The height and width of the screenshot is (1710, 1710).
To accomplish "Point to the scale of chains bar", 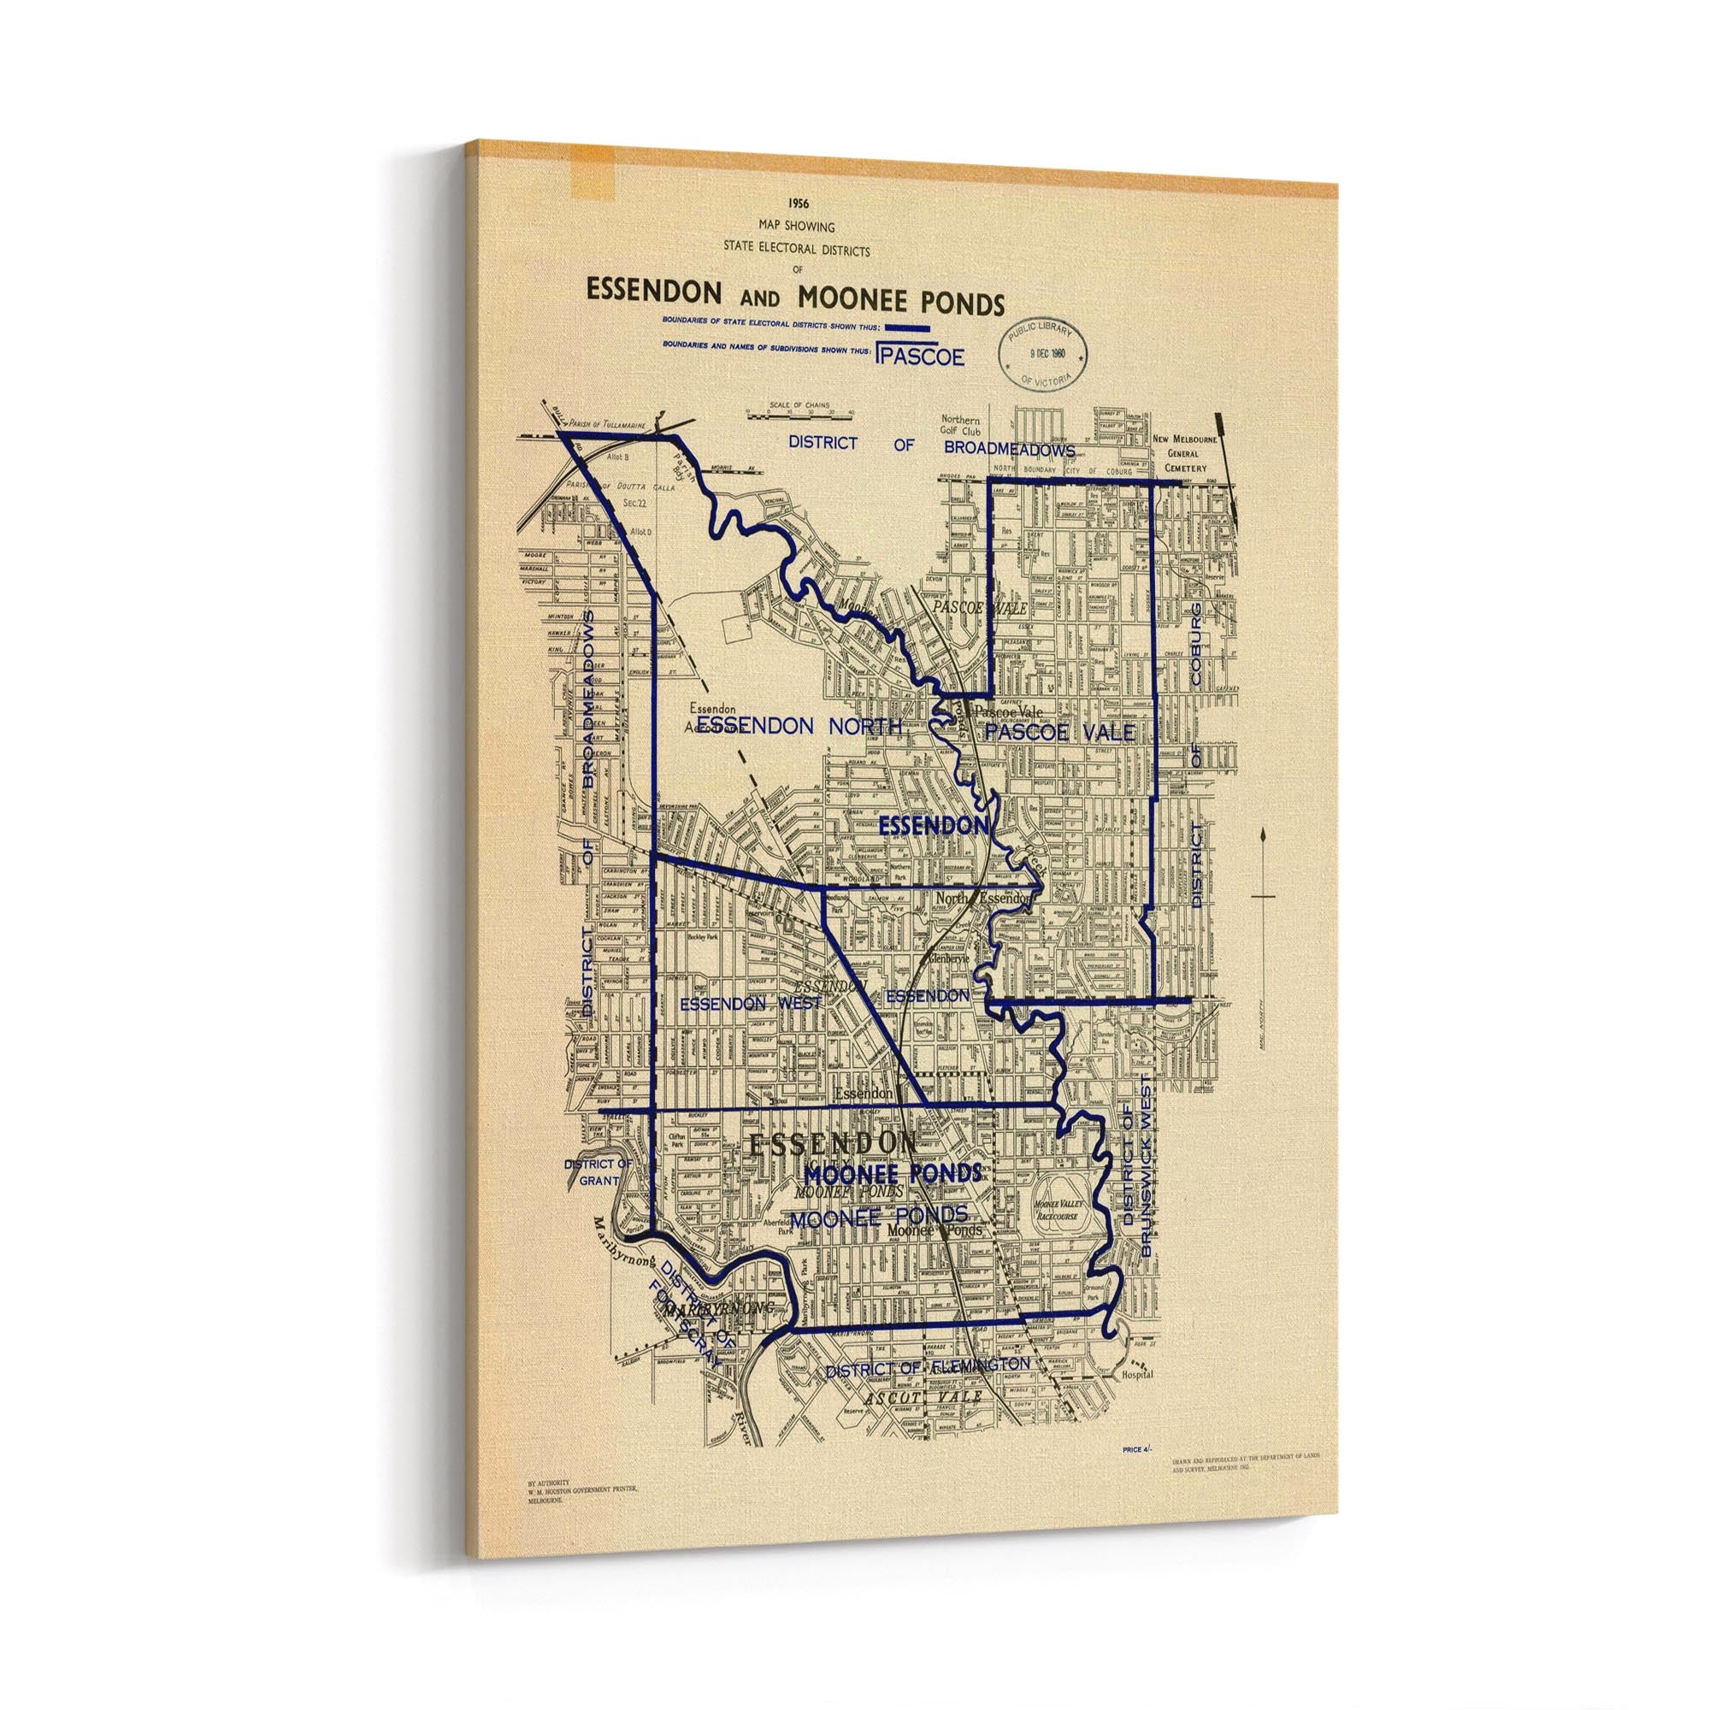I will click(799, 412).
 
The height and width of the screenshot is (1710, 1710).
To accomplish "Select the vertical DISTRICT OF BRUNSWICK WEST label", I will click(1136, 1181).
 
